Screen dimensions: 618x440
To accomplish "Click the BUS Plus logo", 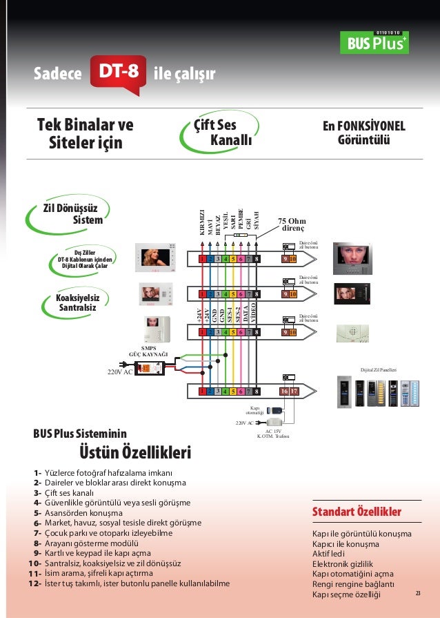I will coord(373,42).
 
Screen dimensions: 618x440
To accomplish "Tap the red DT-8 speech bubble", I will coord(119,72).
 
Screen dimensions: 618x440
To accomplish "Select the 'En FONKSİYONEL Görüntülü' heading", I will coord(364,133).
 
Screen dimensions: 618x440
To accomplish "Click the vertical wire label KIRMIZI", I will coord(202,222).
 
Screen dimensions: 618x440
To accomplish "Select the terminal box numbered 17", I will coord(293,392).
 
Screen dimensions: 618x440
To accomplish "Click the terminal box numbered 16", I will coord(284,392).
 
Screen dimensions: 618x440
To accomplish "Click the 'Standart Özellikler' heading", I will coord(357,512).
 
